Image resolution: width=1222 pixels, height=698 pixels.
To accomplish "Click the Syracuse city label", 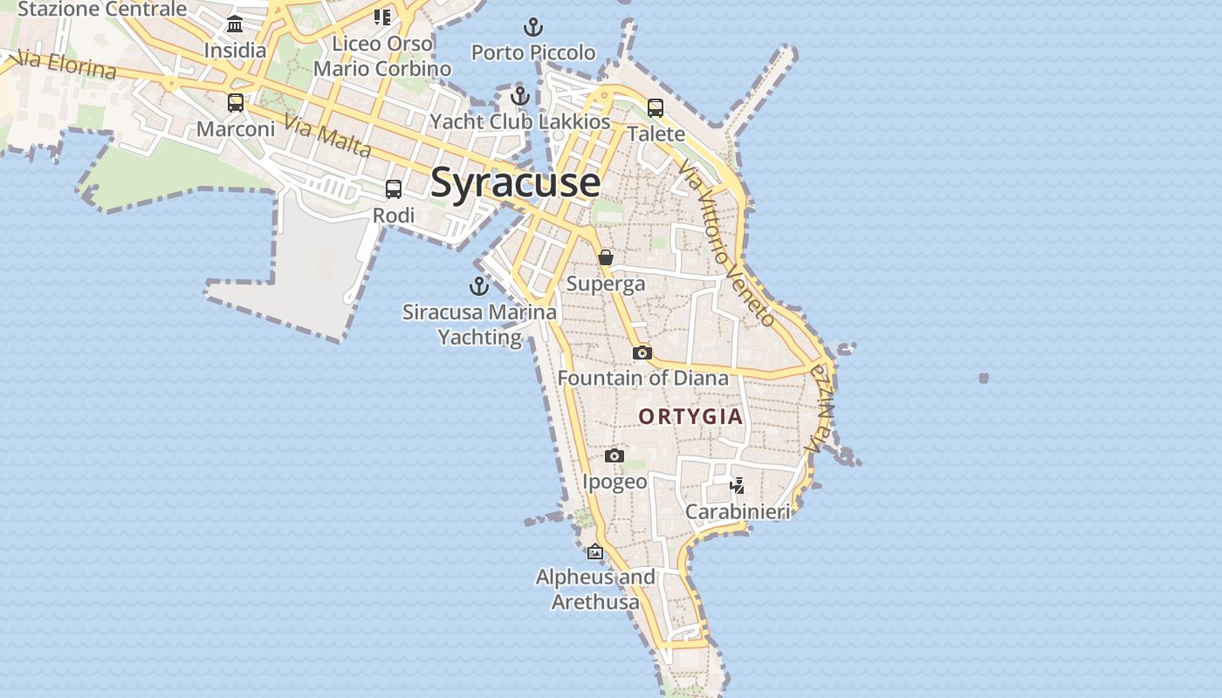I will tap(515, 183).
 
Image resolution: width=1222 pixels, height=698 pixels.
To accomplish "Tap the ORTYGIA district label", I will tap(690, 416).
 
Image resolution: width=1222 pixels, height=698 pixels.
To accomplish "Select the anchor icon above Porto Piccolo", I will tap(532, 27).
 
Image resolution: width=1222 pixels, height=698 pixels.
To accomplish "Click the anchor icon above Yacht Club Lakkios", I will tap(520, 96).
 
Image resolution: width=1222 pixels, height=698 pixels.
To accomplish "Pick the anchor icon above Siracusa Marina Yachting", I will tap(479, 285).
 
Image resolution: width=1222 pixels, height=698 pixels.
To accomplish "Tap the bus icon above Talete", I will tap(656, 108).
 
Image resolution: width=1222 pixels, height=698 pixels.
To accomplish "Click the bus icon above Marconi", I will tap(236, 103).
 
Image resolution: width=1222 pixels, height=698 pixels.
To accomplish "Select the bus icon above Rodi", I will tap(394, 189).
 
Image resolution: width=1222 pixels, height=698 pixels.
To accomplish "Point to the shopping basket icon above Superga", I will tap(605, 257).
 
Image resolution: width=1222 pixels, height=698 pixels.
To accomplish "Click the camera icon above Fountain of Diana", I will tap(642, 352).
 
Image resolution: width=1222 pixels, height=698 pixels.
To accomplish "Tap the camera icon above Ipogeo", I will tap(614, 455).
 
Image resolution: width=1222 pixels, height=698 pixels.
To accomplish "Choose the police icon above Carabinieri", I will tap(738, 485).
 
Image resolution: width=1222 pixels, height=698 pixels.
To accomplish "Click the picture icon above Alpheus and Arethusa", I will tap(595, 551).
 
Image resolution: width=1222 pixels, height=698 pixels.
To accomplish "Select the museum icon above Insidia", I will tap(235, 24).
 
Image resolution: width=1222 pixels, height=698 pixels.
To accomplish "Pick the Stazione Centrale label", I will tap(102, 10).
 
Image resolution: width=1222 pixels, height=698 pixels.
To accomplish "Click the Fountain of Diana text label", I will tap(642, 378).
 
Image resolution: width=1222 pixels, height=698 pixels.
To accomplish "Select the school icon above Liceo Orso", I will tap(382, 17).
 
